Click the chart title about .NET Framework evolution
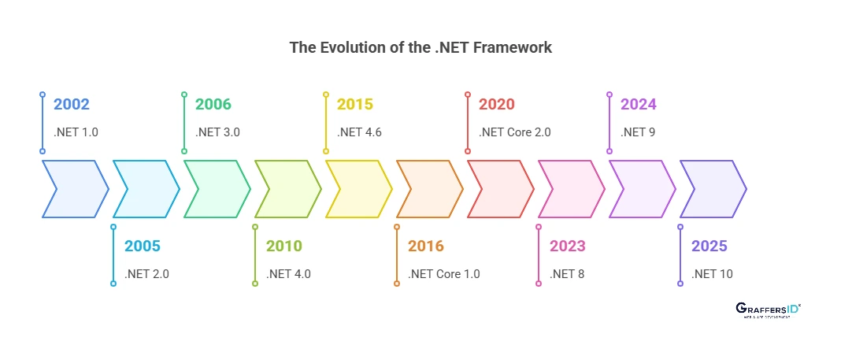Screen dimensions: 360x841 pyautogui.click(x=420, y=47)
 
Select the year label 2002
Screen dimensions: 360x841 pyautogui.click(x=72, y=105)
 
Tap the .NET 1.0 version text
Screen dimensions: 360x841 pyautogui.click(x=76, y=132)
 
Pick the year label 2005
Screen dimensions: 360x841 pyautogui.click(x=143, y=247)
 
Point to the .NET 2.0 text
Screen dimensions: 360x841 pyautogui.click(x=146, y=274)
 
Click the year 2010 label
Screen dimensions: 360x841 pyautogui.click(x=284, y=247)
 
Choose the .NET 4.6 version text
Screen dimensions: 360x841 pyautogui.click(x=359, y=132)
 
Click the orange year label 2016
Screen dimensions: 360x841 pyautogui.click(x=426, y=247)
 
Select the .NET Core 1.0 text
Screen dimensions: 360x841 pyautogui.click(x=444, y=274)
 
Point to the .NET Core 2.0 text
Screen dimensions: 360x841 pyautogui.click(x=515, y=132)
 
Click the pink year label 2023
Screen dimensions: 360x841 pyautogui.click(x=568, y=247)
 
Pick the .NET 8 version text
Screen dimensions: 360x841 pyautogui.click(x=567, y=274)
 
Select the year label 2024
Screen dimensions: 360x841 pyautogui.click(x=639, y=105)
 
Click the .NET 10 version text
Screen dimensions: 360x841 pyautogui.click(x=712, y=274)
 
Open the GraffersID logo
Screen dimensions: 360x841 pyautogui.click(x=768, y=310)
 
